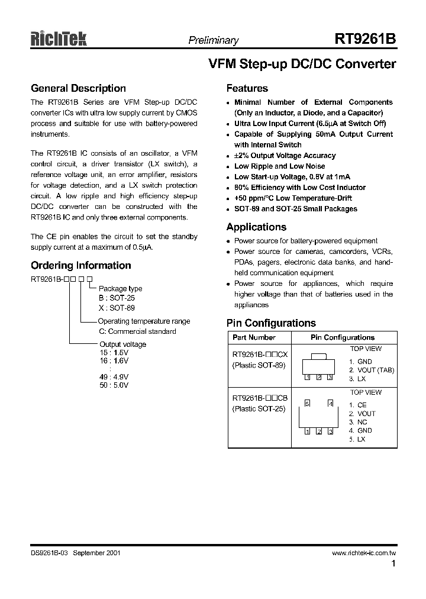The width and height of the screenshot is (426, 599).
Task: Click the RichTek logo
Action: click(59, 40)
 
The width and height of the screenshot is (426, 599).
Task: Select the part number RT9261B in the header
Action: click(365, 40)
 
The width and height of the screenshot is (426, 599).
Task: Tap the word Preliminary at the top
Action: click(213, 41)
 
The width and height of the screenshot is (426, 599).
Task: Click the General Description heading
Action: click(78, 88)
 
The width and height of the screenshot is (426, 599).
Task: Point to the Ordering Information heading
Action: click(81, 265)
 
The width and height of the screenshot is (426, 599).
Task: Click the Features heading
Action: click(247, 88)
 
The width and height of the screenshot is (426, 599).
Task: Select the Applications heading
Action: click(256, 227)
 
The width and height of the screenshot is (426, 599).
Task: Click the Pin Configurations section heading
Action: click(271, 323)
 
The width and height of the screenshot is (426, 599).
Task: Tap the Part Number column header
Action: click(254, 337)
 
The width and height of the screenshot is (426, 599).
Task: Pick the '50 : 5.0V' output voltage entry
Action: click(114, 385)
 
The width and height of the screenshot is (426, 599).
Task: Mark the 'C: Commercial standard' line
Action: click(137, 331)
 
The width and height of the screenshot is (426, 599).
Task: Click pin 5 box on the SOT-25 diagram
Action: click(307, 404)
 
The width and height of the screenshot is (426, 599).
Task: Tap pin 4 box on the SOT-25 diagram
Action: click(330, 404)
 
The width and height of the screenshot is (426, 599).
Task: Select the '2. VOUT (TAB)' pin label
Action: click(371, 370)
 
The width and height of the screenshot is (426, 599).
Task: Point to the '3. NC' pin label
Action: click(358, 422)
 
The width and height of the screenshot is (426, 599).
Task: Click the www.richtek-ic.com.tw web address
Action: click(363, 553)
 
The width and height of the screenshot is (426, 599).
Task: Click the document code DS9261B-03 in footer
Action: click(51, 553)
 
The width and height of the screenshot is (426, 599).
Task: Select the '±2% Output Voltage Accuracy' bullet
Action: click(285, 156)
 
